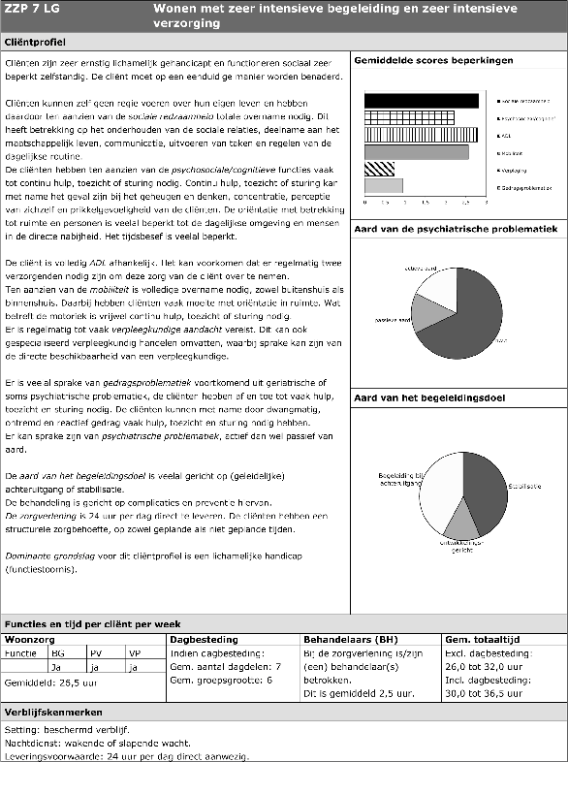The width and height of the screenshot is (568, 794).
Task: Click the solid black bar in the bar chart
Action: tap(421, 100)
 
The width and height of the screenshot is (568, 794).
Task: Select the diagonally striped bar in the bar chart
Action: tap(379, 169)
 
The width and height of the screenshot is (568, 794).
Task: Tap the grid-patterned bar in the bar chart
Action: tap(418, 117)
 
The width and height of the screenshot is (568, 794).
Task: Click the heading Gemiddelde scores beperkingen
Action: tap(433, 60)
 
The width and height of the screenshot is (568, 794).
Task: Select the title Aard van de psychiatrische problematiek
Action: tap(456, 229)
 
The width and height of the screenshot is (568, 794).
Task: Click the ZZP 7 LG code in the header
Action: tap(33, 9)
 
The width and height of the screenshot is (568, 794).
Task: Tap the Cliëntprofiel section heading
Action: tap(35, 44)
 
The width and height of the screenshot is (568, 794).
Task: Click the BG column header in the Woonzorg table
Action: tap(57, 653)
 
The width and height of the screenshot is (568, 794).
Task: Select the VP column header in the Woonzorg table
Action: tap(134, 653)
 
